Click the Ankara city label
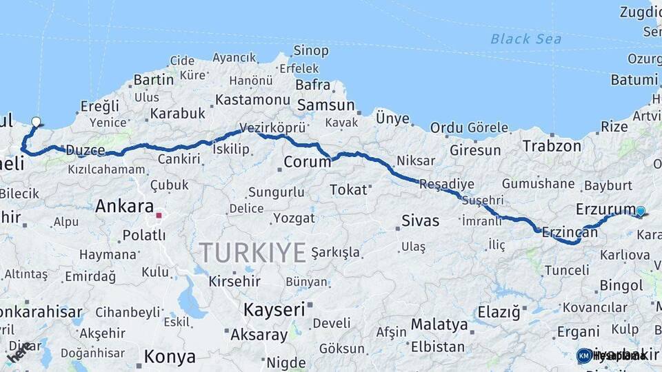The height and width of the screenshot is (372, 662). point(124,205)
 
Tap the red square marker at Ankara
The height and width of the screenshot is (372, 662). point(159,215)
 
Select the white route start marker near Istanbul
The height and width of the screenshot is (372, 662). point(36,122)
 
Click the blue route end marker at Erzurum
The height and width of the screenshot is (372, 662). point(641,211)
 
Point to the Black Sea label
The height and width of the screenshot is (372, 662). point(525,39)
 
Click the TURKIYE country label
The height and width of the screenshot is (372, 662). point(252,253)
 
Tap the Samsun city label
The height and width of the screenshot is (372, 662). point(325,105)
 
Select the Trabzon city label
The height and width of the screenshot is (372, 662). point(552,145)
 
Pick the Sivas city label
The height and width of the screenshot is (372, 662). point(420,221)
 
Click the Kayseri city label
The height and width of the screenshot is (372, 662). point(273,309)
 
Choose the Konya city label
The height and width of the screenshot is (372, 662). point(170,357)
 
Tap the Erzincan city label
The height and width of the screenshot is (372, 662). point(570,232)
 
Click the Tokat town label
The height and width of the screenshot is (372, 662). point(348,189)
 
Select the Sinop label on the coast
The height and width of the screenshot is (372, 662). point(311,50)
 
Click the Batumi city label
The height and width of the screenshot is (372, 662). point(634,79)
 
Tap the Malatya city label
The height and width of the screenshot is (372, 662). point(439,324)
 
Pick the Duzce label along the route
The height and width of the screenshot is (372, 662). point(85,150)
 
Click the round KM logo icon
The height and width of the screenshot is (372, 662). point(584,355)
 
